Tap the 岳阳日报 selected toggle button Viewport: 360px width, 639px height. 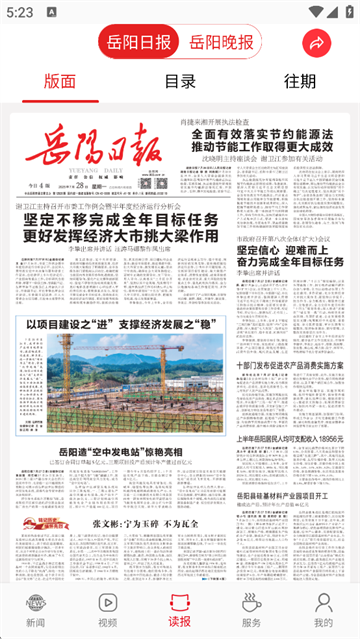tap(140, 43)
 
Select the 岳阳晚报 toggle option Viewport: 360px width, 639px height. tap(221, 43)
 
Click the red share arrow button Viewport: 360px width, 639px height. tap(317, 43)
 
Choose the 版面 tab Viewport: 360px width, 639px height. tap(60, 82)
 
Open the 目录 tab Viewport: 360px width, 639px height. tap(180, 82)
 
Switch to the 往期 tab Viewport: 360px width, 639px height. tap(299, 82)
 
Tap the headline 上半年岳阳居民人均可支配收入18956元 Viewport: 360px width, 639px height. tap(290, 410)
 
